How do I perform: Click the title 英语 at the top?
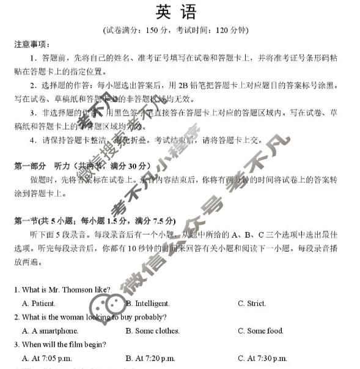pos(180,12)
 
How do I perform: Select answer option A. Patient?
pos(39,303)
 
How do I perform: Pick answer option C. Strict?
pos(252,303)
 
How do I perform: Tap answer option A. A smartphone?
pos(50,331)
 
